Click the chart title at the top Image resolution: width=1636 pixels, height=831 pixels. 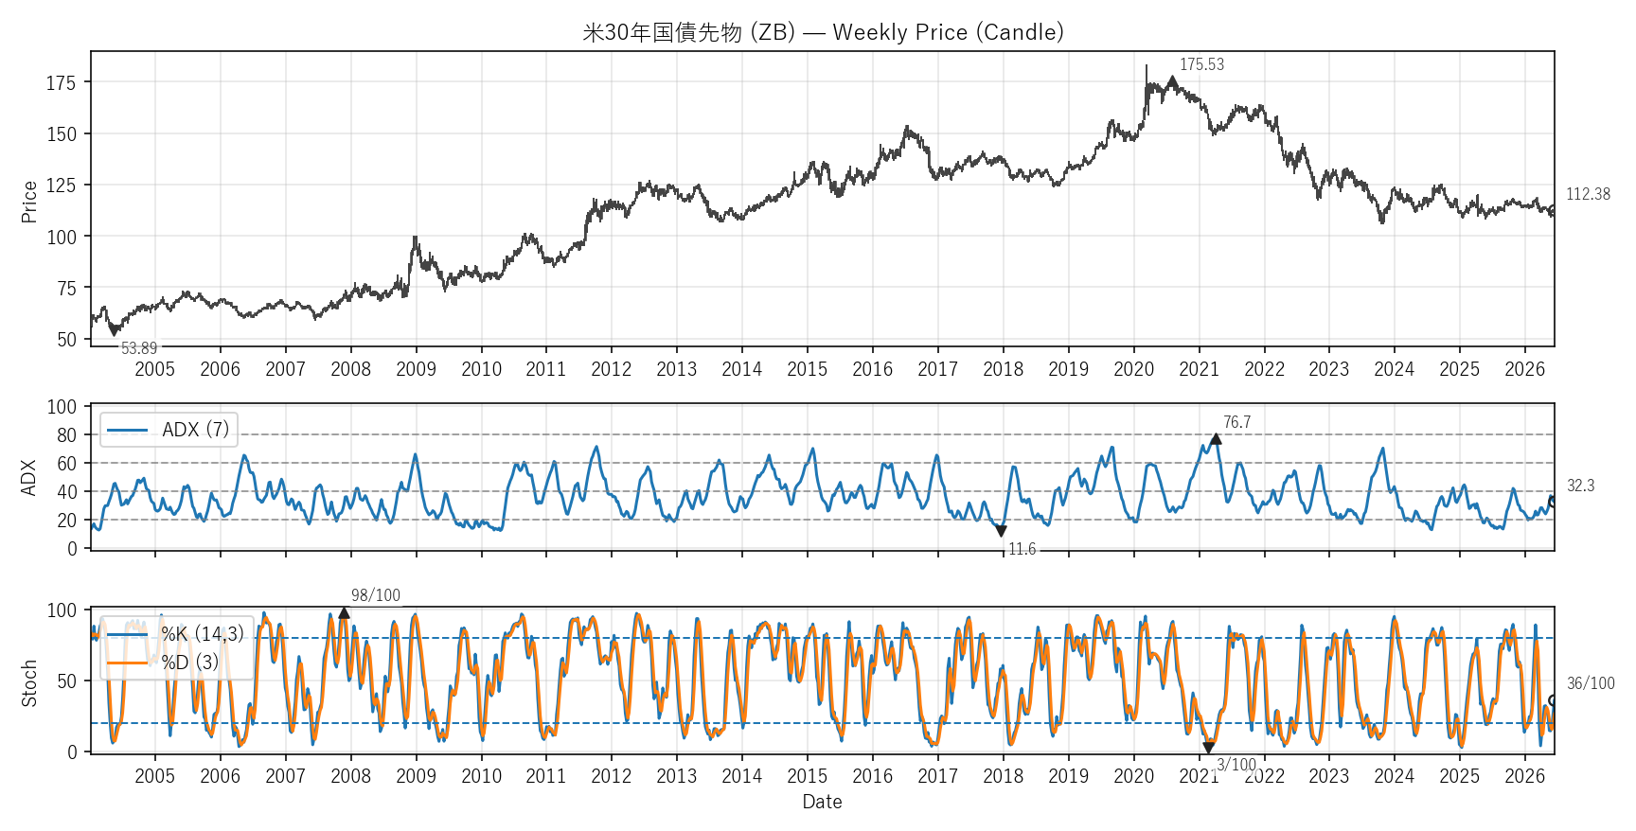coord(823,32)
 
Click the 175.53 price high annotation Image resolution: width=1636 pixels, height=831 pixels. coord(1201,64)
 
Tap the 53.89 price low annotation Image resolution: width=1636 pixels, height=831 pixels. coord(139,348)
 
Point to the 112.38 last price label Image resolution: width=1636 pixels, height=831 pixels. coord(1588,194)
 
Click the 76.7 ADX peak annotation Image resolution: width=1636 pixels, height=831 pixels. coord(1236,422)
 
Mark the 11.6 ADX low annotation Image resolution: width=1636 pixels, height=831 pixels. coord(1022,549)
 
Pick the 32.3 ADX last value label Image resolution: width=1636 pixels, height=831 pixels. coord(1580,486)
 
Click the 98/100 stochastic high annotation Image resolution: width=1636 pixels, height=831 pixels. coord(376,595)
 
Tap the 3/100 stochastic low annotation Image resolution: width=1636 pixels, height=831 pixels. coord(1236,765)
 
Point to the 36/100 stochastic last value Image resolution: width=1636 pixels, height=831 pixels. coord(1591,683)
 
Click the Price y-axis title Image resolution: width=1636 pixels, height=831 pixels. coord(29,202)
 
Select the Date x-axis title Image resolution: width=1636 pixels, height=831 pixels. coord(822,802)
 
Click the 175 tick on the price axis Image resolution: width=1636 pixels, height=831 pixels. coord(61,83)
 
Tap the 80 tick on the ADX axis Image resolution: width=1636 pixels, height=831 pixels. coord(66,435)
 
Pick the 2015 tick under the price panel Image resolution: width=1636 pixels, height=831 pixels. coord(807,369)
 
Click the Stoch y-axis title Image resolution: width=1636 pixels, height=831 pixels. coord(29,683)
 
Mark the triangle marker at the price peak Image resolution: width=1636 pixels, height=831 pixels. coord(1172,81)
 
